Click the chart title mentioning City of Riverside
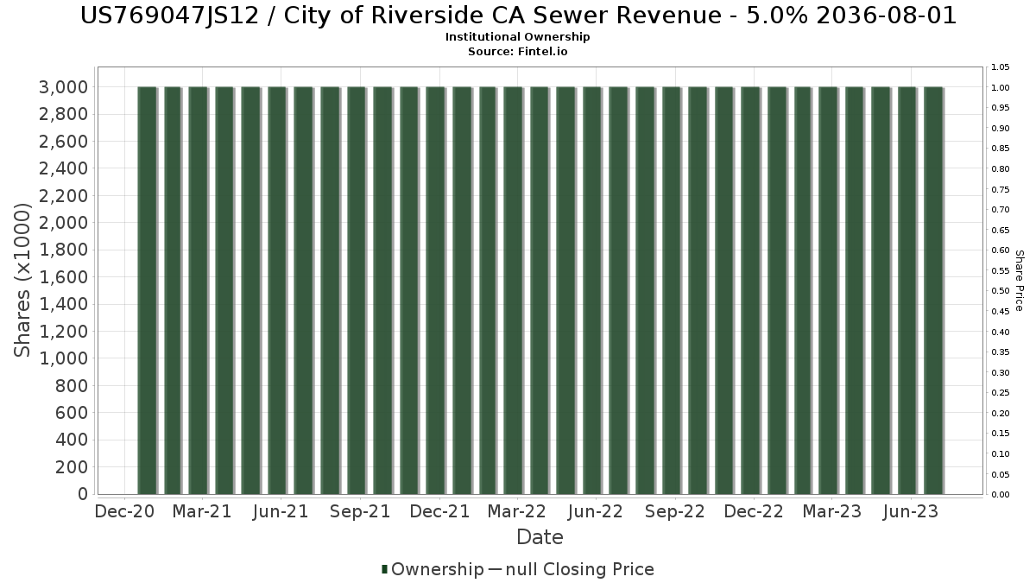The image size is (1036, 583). (518, 16)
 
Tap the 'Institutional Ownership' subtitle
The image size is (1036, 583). (518, 37)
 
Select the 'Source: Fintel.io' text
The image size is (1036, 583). (518, 51)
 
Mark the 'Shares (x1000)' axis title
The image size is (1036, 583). (23, 280)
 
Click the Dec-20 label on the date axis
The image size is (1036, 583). (124, 511)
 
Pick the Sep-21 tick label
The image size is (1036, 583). (361, 511)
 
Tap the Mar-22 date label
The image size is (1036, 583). (516, 511)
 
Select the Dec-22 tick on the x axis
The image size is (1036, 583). (754, 511)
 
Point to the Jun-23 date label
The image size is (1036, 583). (909, 511)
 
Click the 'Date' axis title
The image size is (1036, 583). (540, 537)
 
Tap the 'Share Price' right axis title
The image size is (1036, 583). (1019, 280)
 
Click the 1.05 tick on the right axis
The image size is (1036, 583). (1001, 67)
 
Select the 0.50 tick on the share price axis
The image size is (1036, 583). (1001, 291)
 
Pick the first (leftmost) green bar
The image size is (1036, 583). (147, 290)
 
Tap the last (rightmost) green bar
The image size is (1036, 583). (933, 290)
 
